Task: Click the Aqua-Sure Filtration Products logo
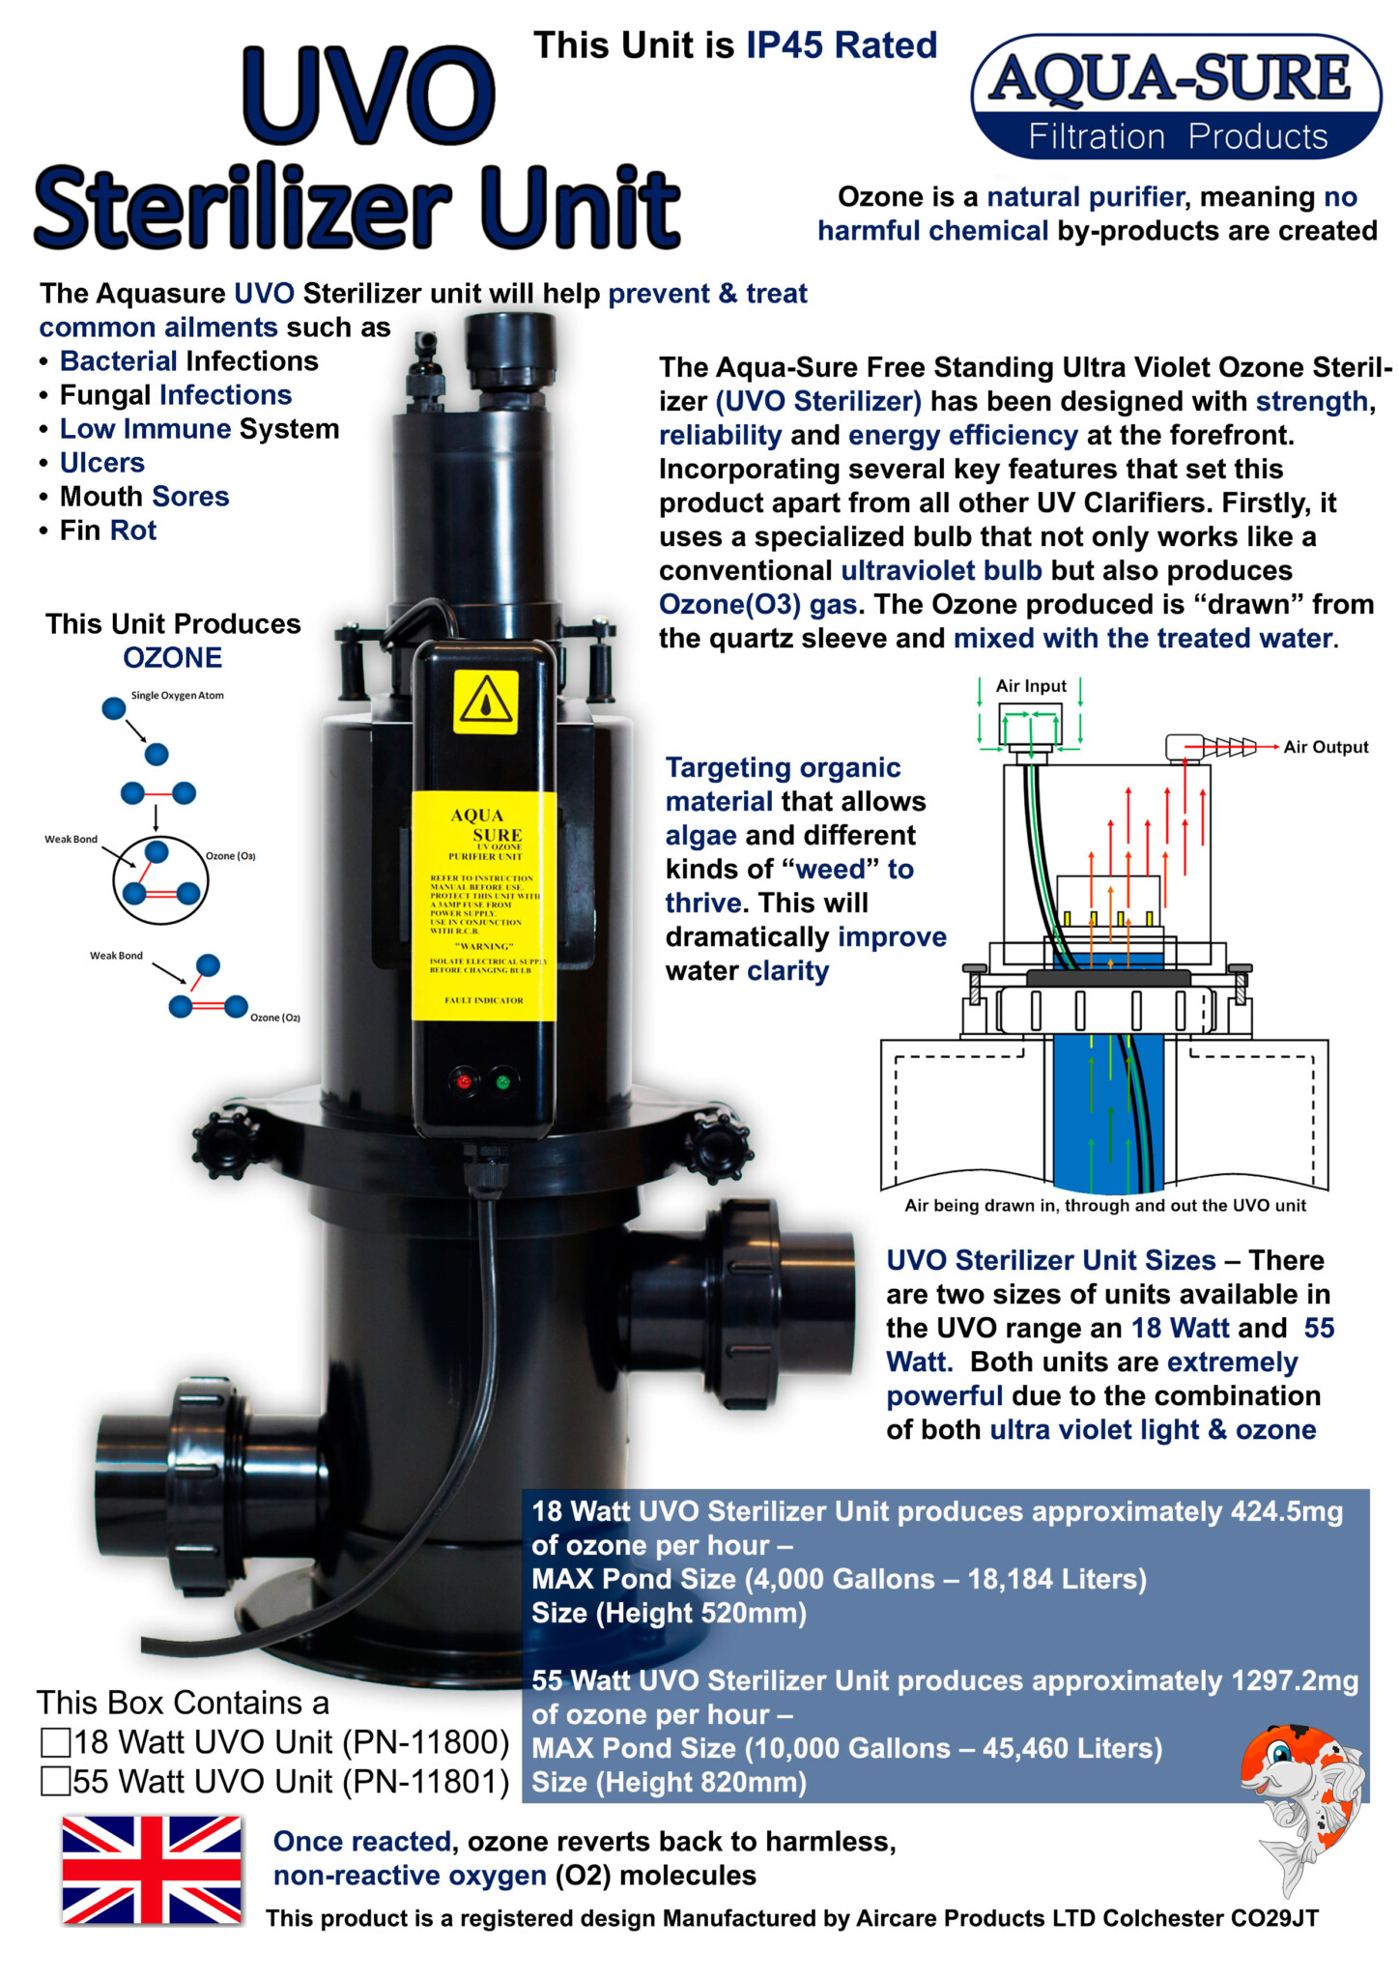point(1176,98)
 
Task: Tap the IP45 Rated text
point(841,45)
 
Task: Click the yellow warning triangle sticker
point(486,702)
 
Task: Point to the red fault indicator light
point(464,1081)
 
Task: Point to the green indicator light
point(502,1081)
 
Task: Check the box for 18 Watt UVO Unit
point(56,1742)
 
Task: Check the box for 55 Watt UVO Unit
point(56,1781)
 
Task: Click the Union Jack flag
point(152,1869)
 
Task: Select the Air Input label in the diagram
point(1031,686)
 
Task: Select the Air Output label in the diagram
point(1326,747)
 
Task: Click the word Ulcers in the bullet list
point(102,463)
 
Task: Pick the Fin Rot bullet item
point(107,531)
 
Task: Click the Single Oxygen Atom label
point(177,696)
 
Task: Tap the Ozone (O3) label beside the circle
point(230,856)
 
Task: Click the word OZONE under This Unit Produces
point(173,658)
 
